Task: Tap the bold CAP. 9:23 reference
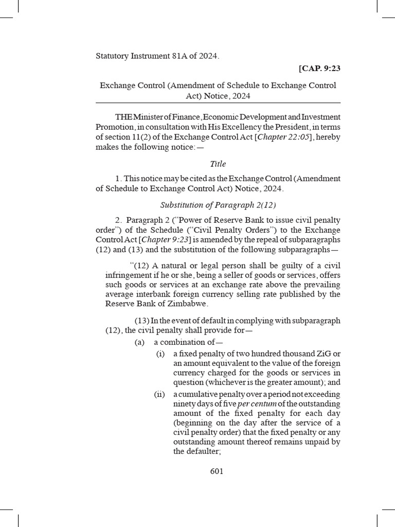[319, 68]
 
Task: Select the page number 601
[217, 471]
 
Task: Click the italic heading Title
[218, 164]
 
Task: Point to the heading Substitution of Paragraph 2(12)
[218, 205]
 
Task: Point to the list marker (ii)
[159, 395]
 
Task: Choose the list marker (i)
[160, 354]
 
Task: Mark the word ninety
[185, 405]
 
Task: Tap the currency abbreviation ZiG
[322, 354]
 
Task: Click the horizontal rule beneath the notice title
[218, 103]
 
